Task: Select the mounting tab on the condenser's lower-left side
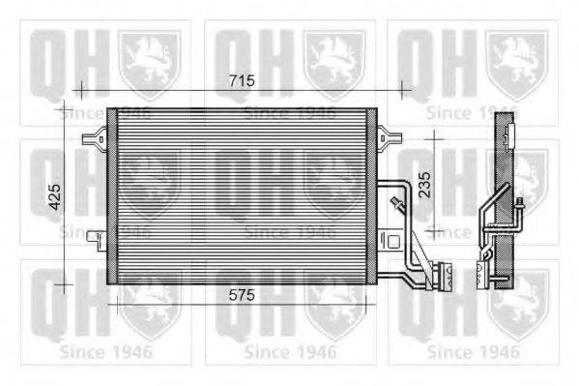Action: point(92,235)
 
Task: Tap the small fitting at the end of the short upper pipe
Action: point(394,203)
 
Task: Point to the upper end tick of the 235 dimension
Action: point(435,138)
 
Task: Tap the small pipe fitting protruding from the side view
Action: point(521,203)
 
